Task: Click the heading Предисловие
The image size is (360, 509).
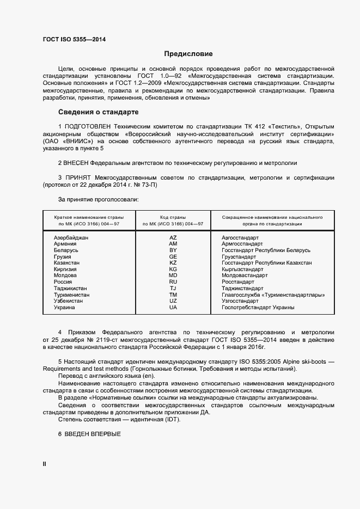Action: [x=188, y=54]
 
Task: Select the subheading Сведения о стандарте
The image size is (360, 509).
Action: [x=98, y=112]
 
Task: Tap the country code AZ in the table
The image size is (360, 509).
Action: [x=173, y=238]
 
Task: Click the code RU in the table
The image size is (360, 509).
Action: [x=173, y=282]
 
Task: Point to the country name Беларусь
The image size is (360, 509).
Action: [x=66, y=250]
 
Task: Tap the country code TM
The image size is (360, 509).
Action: [x=173, y=295]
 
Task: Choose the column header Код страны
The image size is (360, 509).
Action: [x=173, y=217]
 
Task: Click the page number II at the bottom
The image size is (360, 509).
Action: [x=45, y=464]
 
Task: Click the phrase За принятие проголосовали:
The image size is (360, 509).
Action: [x=90, y=200]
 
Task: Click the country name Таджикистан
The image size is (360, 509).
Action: [x=70, y=288]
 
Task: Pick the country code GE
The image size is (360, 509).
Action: [x=173, y=256]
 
